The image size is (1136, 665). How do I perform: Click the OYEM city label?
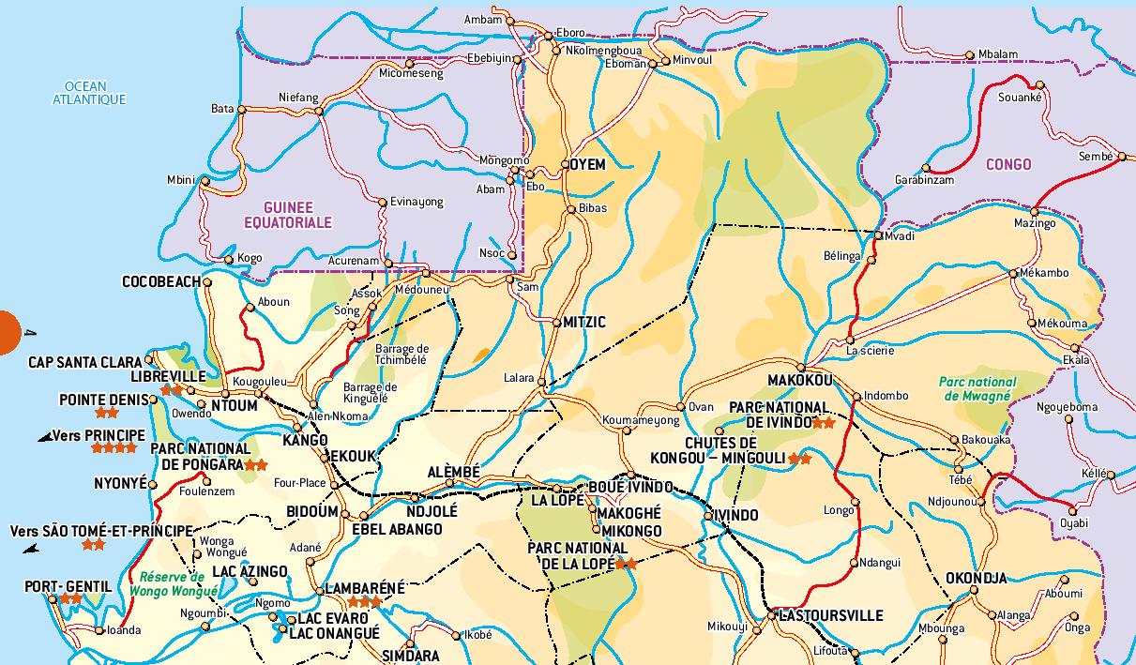(588, 164)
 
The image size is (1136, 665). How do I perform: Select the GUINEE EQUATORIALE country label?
(288, 215)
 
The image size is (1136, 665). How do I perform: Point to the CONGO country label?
(1008, 164)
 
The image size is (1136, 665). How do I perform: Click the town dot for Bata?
(242, 110)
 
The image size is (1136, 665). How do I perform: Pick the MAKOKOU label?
(799, 381)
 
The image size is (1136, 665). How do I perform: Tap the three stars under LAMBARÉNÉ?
(365, 602)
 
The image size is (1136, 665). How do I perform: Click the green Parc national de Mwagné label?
(977, 389)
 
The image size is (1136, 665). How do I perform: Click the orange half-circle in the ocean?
(8, 332)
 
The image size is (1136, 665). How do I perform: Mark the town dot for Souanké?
(1040, 84)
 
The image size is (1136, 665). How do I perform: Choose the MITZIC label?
(584, 322)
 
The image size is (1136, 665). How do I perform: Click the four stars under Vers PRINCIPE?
(114, 448)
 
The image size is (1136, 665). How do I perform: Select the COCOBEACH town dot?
(207, 281)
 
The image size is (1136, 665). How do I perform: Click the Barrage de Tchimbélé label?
(402, 354)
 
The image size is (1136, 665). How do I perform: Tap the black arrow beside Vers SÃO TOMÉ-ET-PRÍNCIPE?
(32, 549)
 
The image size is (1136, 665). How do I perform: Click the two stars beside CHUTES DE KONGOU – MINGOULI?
(799, 459)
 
